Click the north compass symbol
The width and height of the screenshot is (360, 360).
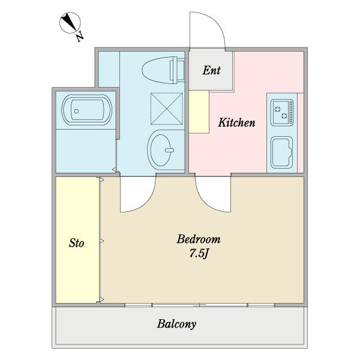point(70,23)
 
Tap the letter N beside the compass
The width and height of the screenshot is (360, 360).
point(80,37)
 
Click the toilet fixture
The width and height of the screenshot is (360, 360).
point(163,70)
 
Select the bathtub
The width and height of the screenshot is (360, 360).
point(87,110)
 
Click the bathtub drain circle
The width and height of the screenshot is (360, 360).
point(76,112)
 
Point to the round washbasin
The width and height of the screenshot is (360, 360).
point(160,150)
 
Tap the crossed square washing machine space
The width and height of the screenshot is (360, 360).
point(167,109)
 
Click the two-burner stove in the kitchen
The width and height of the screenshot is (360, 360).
point(282,113)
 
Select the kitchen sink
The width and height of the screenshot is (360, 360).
point(282,152)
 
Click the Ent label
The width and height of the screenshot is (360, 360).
point(211,70)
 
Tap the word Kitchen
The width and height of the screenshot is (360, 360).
point(236,122)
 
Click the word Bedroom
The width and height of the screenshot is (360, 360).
point(199,239)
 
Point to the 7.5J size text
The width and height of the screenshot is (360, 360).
point(199,253)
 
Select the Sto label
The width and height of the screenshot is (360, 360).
point(76,243)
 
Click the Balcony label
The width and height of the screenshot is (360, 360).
point(176,324)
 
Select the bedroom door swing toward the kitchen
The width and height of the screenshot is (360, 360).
point(206,203)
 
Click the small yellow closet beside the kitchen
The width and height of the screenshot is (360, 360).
point(199,112)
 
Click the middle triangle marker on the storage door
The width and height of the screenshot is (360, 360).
point(102,241)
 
